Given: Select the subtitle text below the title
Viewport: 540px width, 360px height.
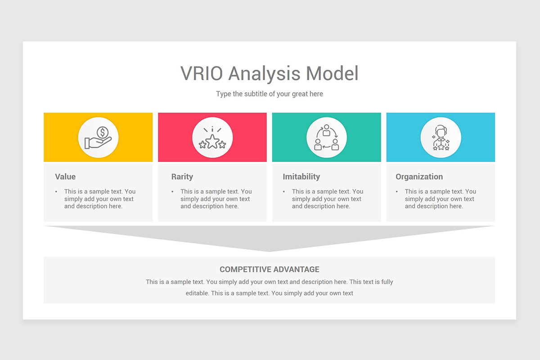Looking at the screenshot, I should (x=269, y=94).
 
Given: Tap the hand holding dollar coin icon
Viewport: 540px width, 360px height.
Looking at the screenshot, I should (x=98, y=137).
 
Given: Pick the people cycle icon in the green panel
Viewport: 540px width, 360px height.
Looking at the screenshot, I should (x=326, y=137).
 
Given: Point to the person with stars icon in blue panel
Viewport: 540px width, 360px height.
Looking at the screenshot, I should (x=441, y=137).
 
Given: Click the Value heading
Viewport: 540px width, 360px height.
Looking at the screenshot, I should (x=65, y=177).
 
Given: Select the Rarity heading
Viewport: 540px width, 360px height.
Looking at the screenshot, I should (x=182, y=177).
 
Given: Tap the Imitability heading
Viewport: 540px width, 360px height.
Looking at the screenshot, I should (x=301, y=177).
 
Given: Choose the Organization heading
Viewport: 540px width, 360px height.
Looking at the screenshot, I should (x=419, y=177).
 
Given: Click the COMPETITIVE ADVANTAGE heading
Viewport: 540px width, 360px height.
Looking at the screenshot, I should (x=269, y=270).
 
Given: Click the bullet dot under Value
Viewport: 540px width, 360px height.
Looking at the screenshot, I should (x=56, y=192).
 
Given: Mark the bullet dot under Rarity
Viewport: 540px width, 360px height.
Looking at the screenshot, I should (x=173, y=192).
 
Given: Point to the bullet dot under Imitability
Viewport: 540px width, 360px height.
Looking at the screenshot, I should (x=284, y=192).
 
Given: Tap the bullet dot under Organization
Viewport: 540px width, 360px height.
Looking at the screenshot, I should (x=397, y=192).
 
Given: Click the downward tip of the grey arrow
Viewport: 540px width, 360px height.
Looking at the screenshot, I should (x=269, y=251).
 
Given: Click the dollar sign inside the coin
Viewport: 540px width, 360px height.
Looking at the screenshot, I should (x=103, y=132).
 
